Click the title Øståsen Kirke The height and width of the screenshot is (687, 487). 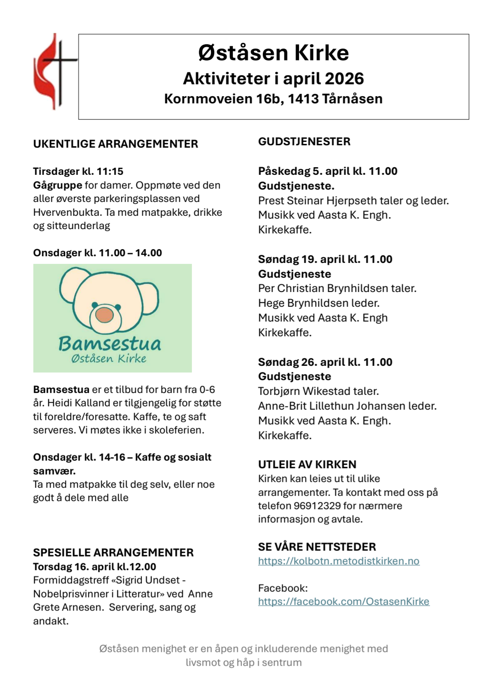tap(273, 53)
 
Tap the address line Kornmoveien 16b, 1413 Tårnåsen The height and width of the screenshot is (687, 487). tap(273, 99)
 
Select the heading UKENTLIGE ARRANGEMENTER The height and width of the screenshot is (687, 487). tap(116, 144)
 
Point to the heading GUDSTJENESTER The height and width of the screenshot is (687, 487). tap(304, 141)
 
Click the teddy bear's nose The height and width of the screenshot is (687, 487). tap(105, 314)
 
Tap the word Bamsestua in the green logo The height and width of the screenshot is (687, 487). tap(109, 343)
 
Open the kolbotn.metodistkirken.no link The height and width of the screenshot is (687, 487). tap(338, 561)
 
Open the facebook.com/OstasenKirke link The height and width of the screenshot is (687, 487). tap(344, 602)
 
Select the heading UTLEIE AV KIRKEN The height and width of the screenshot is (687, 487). tap(307, 465)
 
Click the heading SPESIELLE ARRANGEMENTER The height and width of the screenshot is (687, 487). tap(113, 553)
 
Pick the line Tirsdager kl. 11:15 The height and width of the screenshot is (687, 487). tap(78, 172)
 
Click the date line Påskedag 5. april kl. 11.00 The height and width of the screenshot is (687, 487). tap(328, 172)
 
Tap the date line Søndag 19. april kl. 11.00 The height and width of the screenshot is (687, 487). tap(325, 260)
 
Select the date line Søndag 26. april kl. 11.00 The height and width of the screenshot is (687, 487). tap(325, 362)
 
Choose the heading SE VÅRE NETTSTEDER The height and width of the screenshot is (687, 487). tap(317, 547)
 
